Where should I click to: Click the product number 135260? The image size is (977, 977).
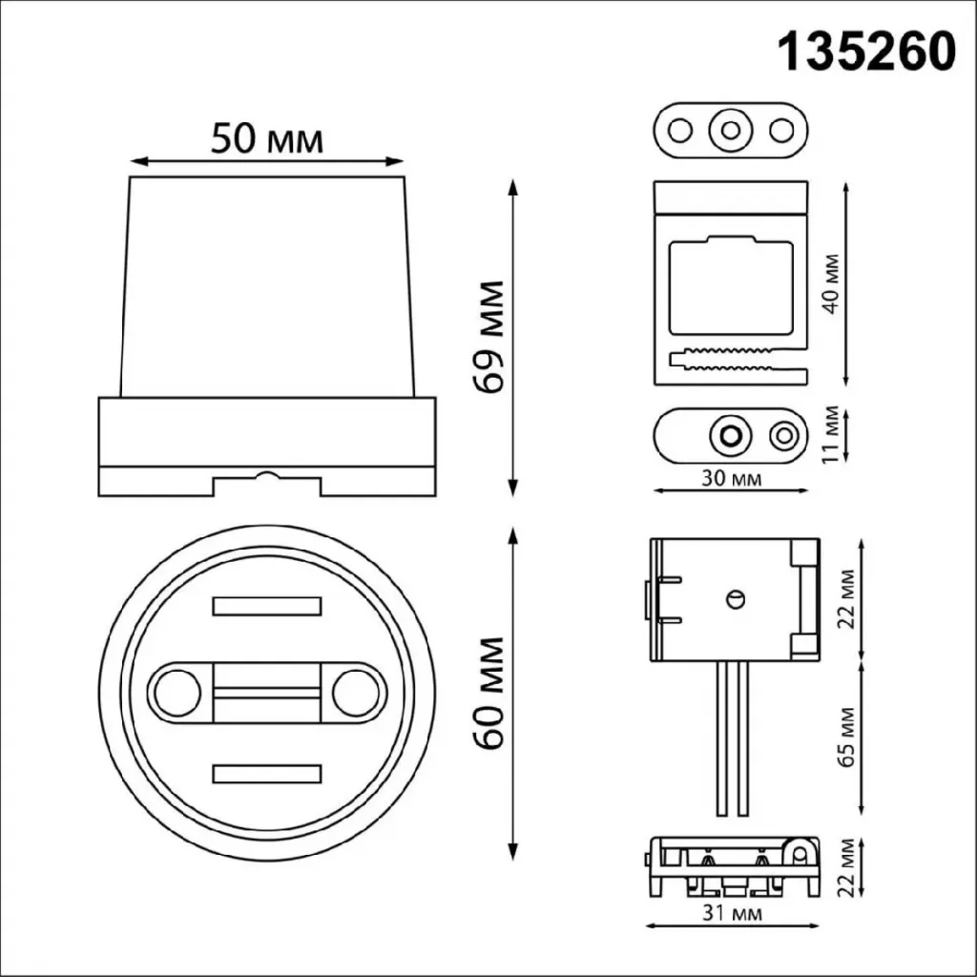tap(867, 52)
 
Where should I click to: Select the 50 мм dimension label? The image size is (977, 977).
tap(267, 138)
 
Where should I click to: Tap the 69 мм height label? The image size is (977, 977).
tap(488, 337)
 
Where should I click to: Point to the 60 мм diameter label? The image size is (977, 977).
tap(488, 693)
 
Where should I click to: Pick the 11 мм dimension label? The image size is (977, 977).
tap(830, 434)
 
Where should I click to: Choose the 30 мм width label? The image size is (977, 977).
tap(732, 479)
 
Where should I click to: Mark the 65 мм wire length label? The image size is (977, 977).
tap(846, 737)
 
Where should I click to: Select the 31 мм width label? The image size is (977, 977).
tap(732, 913)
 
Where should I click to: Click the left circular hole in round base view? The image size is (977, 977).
tap(177, 693)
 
